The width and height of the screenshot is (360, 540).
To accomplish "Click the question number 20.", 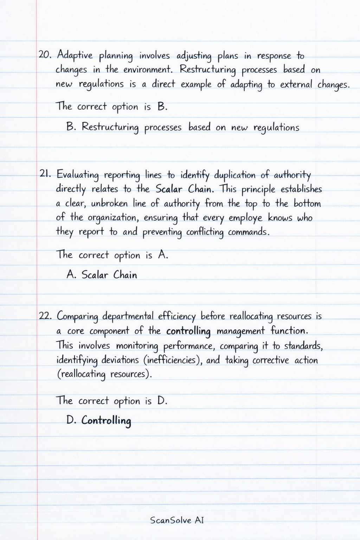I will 45,55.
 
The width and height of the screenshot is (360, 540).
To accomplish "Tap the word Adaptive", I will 75,56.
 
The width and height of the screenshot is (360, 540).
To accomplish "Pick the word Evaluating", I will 78,175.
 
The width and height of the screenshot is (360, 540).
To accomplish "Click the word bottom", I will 307,204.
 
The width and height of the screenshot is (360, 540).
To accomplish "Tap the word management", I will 240,331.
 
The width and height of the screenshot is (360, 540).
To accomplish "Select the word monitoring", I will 137,346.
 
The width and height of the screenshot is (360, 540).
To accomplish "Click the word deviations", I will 120,360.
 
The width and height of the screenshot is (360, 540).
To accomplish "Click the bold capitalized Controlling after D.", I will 106,420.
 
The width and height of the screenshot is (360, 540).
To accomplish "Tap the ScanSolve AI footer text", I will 177,520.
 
